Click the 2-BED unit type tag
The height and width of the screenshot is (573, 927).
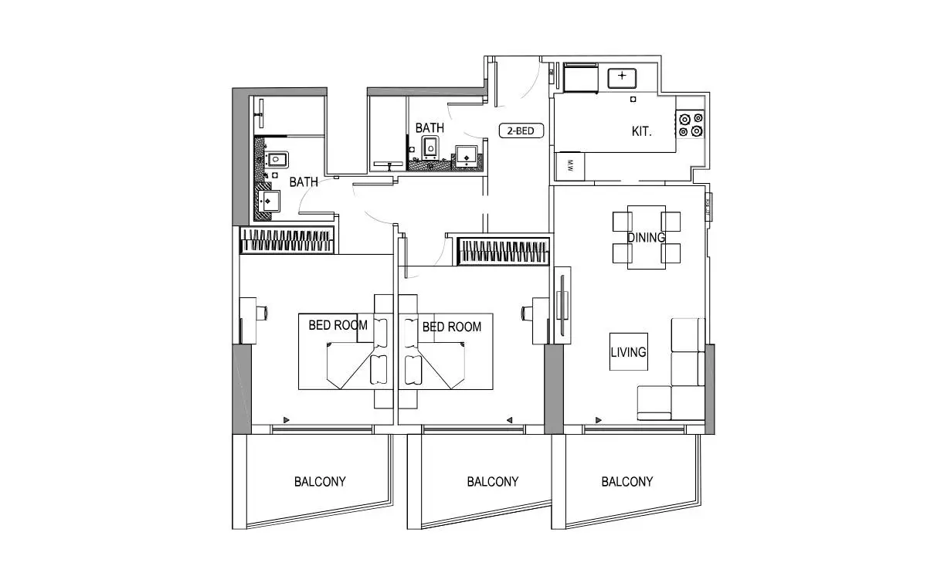(521, 131)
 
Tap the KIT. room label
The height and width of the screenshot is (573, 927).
(641, 131)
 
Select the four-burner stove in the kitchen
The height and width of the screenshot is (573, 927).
(691, 124)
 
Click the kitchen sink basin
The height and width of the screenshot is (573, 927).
(622, 78)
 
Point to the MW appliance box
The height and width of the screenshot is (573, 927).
(570, 166)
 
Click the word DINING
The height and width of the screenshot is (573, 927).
(646, 238)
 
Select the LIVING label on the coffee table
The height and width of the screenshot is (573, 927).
(628, 352)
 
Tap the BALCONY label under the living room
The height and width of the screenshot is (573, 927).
(627, 482)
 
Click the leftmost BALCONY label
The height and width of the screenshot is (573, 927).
(320, 482)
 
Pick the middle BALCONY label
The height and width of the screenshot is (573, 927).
(493, 482)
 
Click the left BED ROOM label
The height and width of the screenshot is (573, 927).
(338, 325)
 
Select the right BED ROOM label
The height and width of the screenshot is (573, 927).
(452, 327)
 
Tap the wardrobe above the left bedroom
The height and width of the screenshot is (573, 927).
(287, 240)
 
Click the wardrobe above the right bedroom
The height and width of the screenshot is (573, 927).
(503, 251)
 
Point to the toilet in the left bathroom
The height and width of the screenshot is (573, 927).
(277, 160)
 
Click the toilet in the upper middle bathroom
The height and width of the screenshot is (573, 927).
(430, 148)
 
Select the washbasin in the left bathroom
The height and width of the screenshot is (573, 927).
(269, 201)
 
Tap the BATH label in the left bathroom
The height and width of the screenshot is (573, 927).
(304, 182)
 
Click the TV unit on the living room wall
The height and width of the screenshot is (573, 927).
(562, 305)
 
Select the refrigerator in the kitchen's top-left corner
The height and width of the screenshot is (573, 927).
(581, 77)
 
